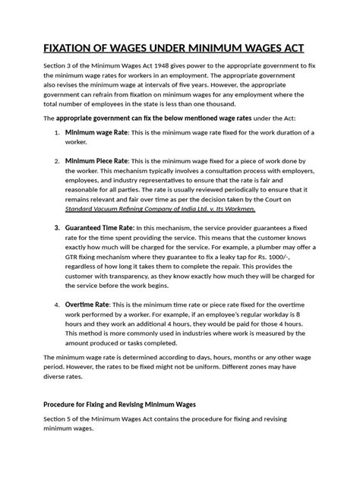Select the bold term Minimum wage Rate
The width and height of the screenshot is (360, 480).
click(x=95, y=132)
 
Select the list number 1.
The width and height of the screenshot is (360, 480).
click(x=57, y=133)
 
